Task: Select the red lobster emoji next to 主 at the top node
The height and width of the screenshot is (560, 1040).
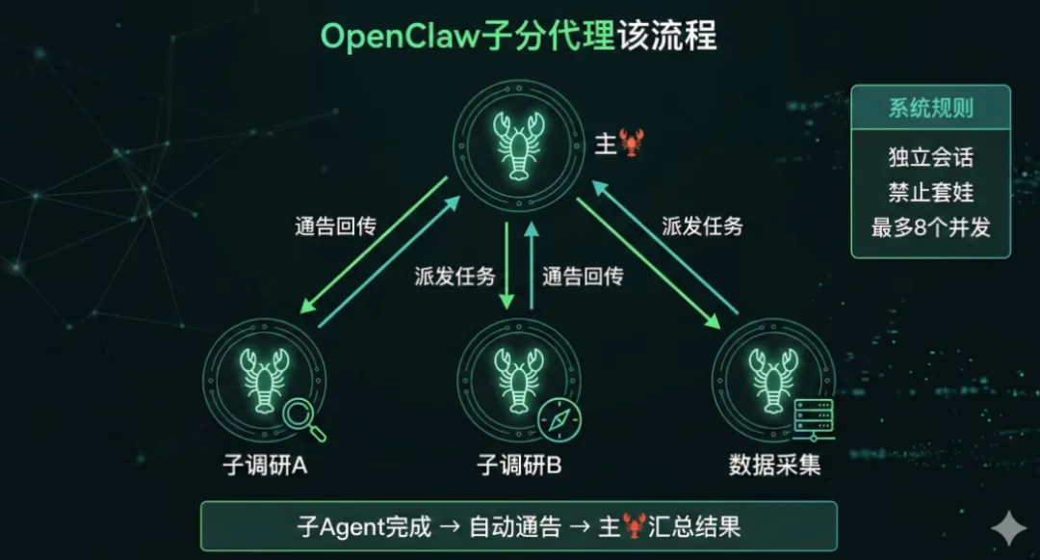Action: click(x=633, y=143)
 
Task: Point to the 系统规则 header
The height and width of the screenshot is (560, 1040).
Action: click(x=930, y=108)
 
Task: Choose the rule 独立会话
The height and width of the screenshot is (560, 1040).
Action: click(x=930, y=157)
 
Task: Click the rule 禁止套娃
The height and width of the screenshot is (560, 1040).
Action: click(x=930, y=192)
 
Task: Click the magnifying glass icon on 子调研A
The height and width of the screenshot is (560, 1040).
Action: click(x=303, y=419)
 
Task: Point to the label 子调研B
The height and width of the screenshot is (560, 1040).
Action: click(x=519, y=467)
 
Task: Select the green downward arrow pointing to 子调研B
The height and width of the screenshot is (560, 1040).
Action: click(x=507, y=265)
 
